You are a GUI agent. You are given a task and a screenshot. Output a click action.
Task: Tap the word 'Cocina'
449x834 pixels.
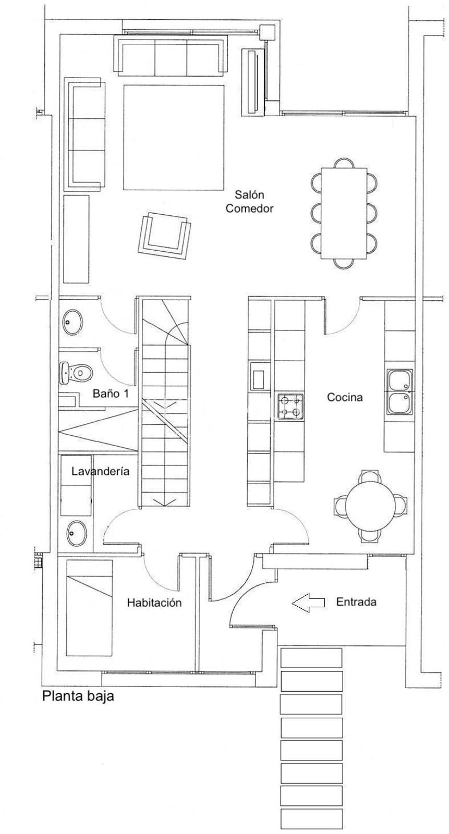[345, 397]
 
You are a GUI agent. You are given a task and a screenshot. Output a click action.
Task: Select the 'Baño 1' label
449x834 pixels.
[111, 394]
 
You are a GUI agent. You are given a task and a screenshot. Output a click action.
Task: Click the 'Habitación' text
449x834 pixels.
[154, 603]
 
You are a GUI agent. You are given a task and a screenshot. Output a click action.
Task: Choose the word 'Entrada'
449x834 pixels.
[356, 602]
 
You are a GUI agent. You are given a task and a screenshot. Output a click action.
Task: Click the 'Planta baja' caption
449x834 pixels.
[78, 696]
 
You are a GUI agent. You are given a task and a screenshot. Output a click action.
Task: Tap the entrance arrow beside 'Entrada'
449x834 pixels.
[308, 603]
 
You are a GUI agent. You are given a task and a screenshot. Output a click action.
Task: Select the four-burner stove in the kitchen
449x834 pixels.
[291, 407]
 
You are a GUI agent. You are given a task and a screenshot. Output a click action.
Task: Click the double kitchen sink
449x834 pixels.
[400, 392]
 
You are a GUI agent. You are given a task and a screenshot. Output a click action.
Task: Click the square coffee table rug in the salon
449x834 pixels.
[174, 137]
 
